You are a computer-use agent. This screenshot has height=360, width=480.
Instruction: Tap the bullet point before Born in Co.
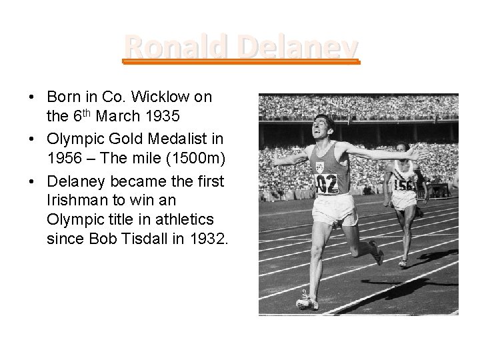[33, 97]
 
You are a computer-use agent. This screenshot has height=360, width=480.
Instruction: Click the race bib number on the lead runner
[326, 183]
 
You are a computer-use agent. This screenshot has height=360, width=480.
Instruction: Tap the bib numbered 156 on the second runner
[403, 183]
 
